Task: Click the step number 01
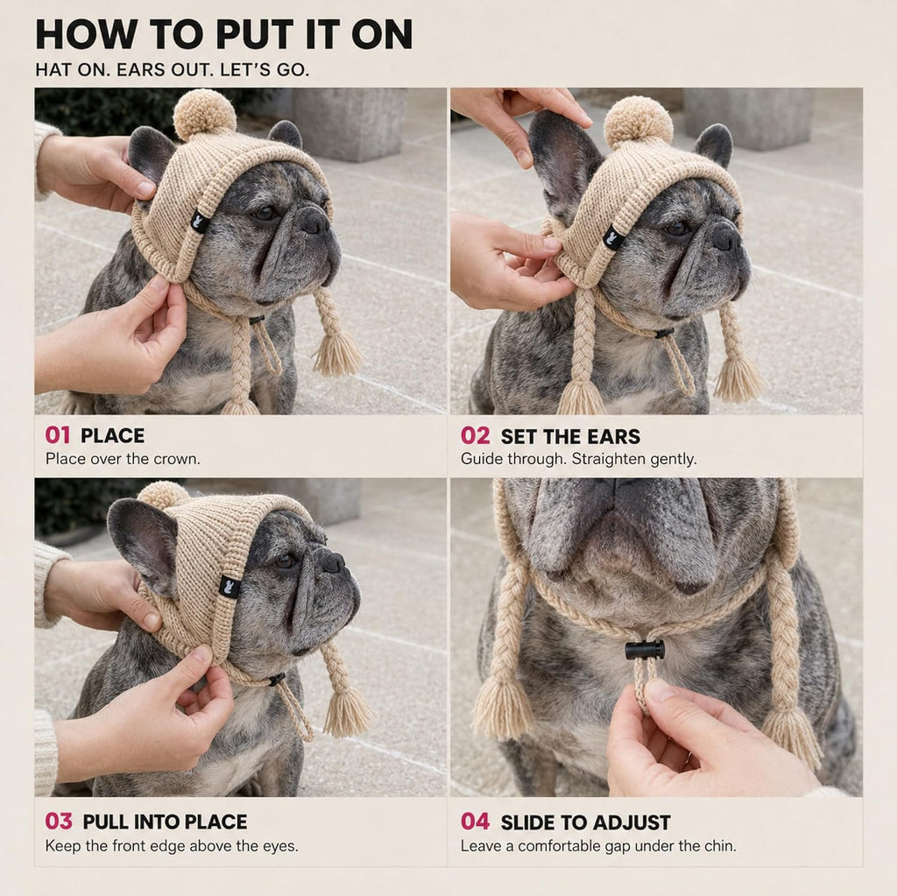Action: [57, 435]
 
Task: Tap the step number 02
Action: [475, 436]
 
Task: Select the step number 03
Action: [59, 822]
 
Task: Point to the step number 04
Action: [475, 822]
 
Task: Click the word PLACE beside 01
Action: [112, 436]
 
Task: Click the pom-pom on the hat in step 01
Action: [204, 115]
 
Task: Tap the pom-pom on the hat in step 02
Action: [638, 123]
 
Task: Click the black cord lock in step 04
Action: [645, 650]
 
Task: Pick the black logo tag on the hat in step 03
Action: [230, 587]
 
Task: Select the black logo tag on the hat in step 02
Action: [615, 235]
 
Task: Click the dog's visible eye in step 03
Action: [285, 561]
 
